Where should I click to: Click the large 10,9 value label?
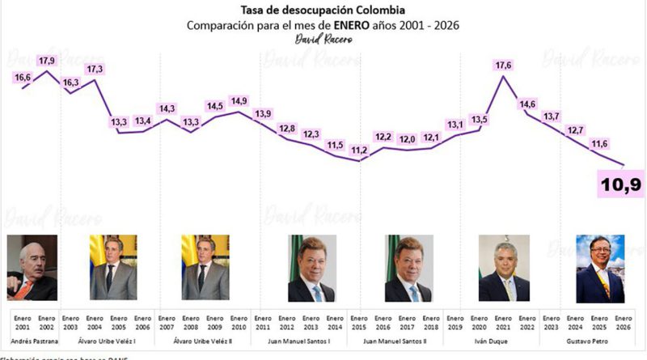[620, 185]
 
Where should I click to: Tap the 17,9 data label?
[47, 61]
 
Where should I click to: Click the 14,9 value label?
[239, 101]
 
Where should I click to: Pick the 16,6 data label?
[23, 78]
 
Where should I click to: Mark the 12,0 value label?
[408, 139]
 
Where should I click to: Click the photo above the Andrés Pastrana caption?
[32, 268]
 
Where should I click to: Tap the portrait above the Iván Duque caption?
[504, 268]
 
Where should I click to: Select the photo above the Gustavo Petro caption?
[599, 268]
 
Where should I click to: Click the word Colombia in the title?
[383, 10]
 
